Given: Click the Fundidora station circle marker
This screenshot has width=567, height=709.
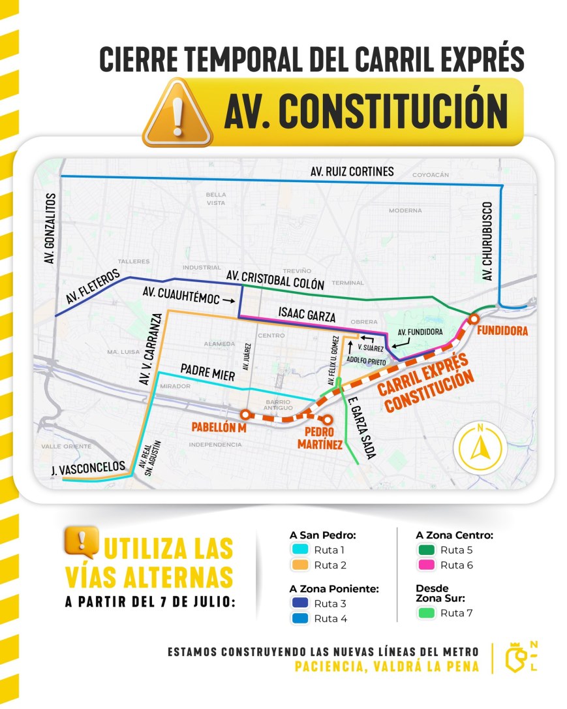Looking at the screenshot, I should click(474, 318).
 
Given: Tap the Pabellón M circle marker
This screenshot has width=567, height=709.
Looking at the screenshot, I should click(245, 414).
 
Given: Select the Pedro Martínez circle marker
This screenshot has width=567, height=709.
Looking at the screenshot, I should click(328, 420).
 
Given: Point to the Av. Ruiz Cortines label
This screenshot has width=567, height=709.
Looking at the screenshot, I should click(352, 172).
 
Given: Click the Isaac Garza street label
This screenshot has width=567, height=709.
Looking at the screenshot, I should click(307, 315).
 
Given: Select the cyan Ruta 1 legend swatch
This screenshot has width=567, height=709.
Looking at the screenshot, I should click(301, 549).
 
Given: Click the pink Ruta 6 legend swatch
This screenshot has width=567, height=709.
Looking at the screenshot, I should click(427, 565).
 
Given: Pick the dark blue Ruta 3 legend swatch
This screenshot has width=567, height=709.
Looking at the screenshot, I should click(301, 603).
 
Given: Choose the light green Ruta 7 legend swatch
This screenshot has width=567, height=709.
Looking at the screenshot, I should click(427, 613).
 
